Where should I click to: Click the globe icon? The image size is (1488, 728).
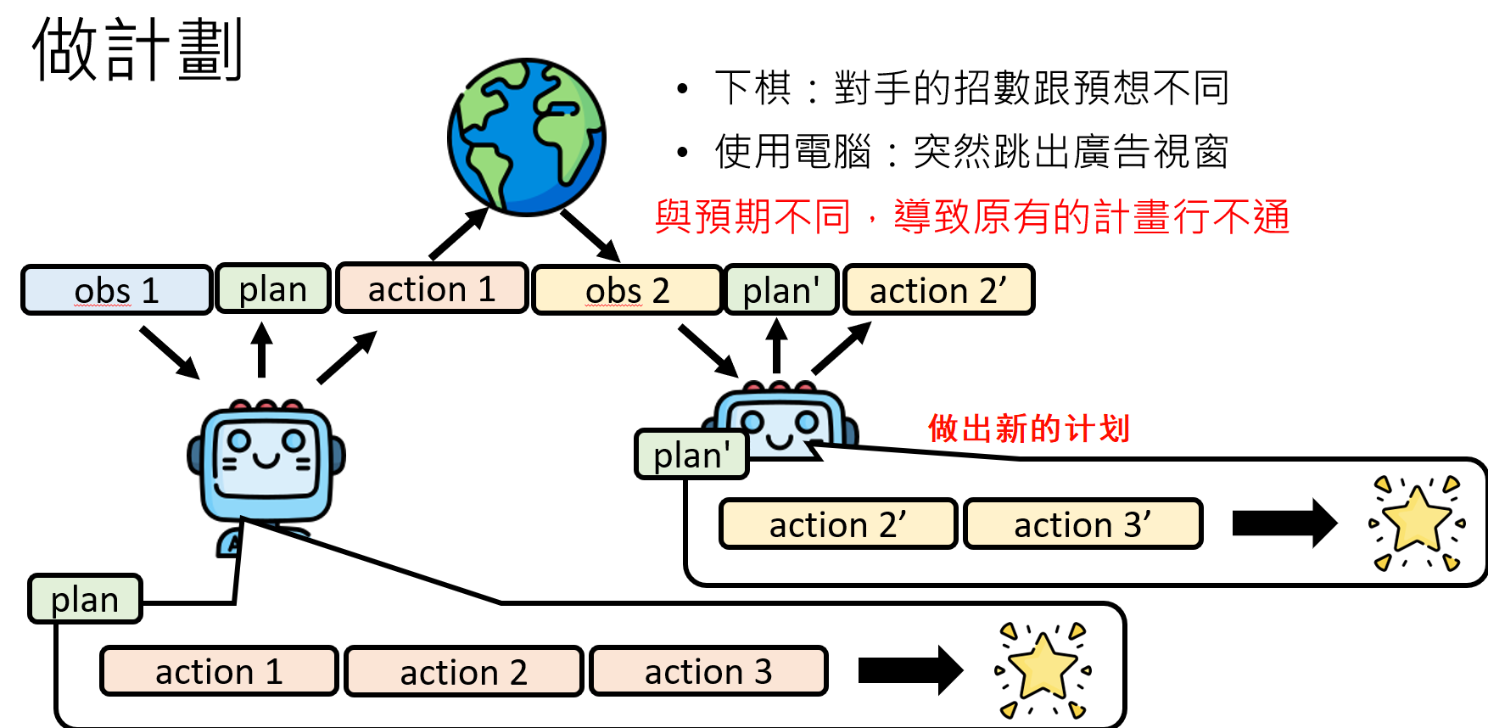click(526, 137)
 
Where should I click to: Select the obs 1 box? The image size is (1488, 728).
click(116, 290)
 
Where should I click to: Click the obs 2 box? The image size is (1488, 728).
click(627, 290)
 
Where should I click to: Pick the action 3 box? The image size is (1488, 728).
click(708, 671)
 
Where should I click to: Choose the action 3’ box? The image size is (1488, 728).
click(1082, 524)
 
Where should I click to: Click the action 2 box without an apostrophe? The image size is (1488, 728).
click(463, 671)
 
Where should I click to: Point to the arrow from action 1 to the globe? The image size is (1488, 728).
click(458, 233)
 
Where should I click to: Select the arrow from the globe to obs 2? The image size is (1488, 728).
click(590, 234)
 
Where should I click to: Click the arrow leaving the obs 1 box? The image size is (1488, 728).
click(169, 352)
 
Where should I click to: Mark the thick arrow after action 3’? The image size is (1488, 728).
click(1284, 523)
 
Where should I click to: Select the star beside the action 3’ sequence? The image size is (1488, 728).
click(1416, 522)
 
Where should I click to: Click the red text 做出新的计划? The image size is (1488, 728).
click(1028, 428)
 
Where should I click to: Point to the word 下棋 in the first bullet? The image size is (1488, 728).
click(752, 87)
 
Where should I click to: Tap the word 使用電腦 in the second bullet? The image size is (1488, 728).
click(792, 152)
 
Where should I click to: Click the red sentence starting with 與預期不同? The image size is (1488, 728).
click(971, 216)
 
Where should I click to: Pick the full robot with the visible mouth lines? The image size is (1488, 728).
click(266, 467)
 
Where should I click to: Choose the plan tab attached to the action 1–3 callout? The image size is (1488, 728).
click(85, 599)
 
